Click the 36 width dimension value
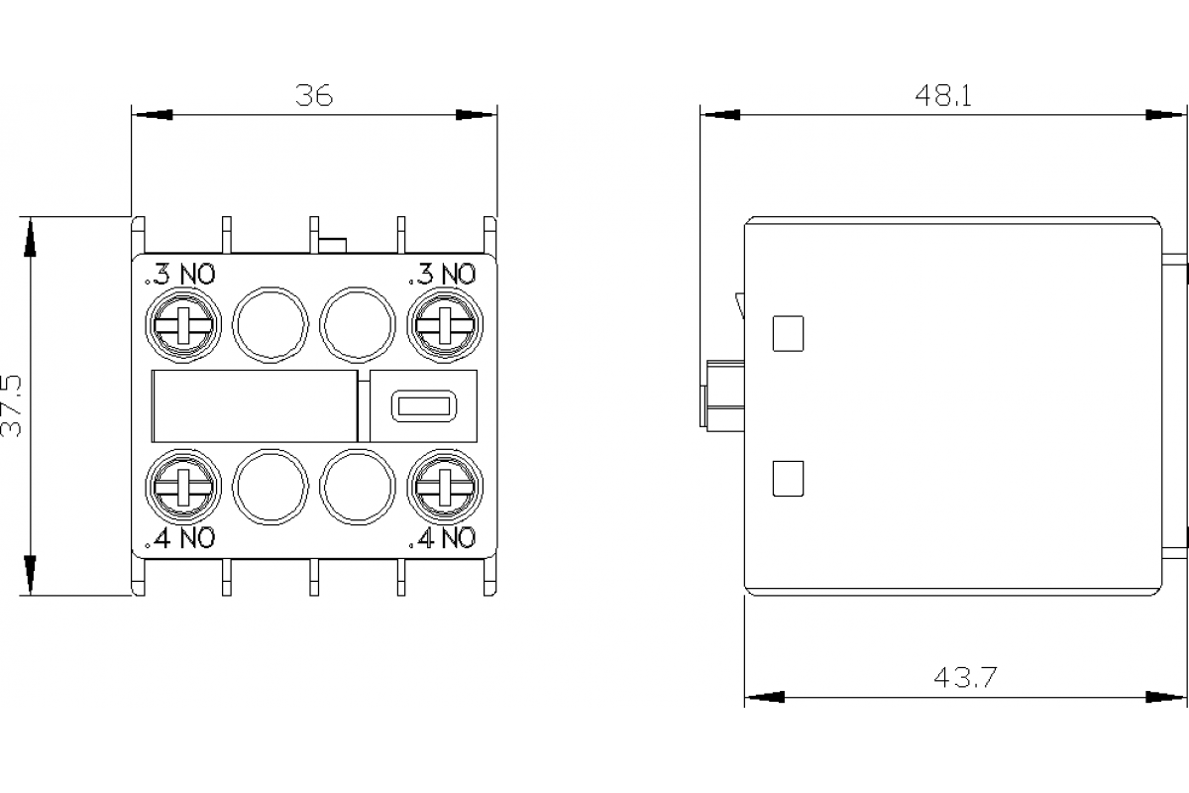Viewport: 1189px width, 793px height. coord(314,95)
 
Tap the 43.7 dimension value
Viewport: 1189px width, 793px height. coord(964,678)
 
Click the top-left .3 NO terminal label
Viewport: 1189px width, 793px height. coord(179,274)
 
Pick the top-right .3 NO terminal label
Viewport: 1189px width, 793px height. coord(442,274)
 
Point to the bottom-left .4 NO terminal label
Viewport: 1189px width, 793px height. coord(179,538)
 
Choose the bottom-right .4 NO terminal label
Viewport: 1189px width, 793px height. coord(442,538)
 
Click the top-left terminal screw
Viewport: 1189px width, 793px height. coord(183,324)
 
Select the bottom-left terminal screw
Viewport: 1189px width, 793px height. coord(183,487)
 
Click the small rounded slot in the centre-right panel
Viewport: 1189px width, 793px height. coord(422,406)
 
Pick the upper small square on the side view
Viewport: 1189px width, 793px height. coord(787,333)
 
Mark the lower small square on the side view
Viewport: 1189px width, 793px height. coord(787,479)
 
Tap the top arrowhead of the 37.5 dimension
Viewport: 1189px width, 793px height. coord(31,235)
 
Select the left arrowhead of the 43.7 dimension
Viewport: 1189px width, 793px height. coord(764,697)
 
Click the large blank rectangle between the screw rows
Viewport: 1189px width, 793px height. coord(254,405)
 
